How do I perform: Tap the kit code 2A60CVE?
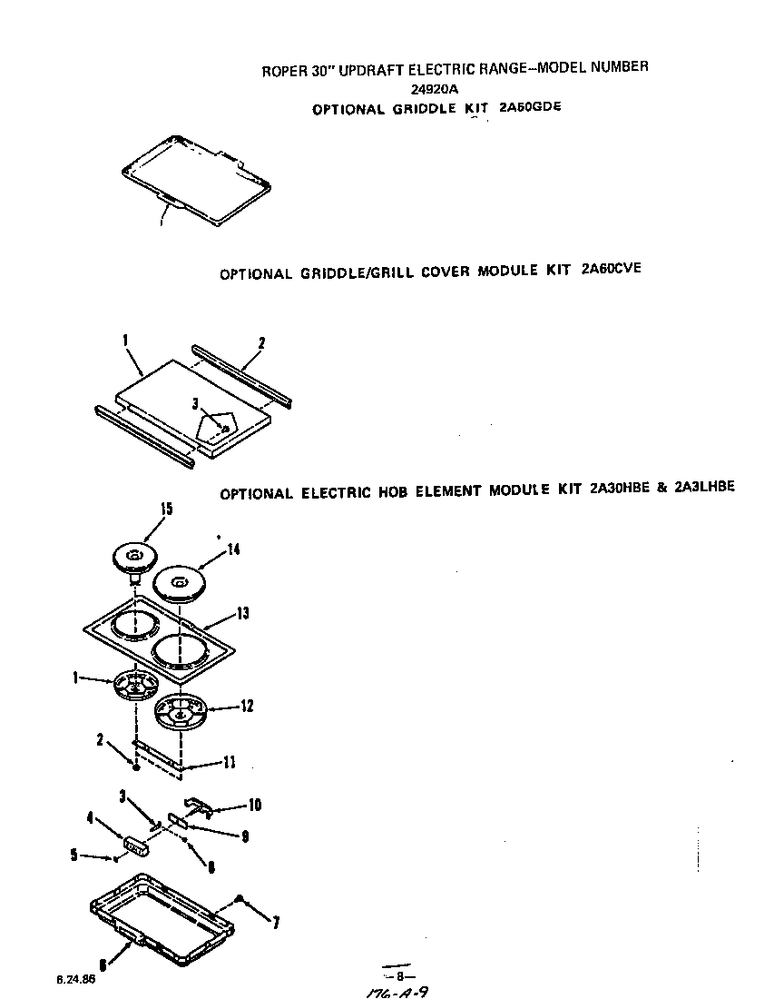[610, 270]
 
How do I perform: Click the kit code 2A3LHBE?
[705, 487]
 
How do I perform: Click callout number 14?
[233, 549]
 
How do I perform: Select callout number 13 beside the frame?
[242, 614]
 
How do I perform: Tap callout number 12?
[247, 706]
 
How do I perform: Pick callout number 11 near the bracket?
[230, 763]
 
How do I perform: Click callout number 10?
[256, 806]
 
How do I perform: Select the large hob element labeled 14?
[178, 581]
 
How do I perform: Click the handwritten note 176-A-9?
[391, 993]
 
